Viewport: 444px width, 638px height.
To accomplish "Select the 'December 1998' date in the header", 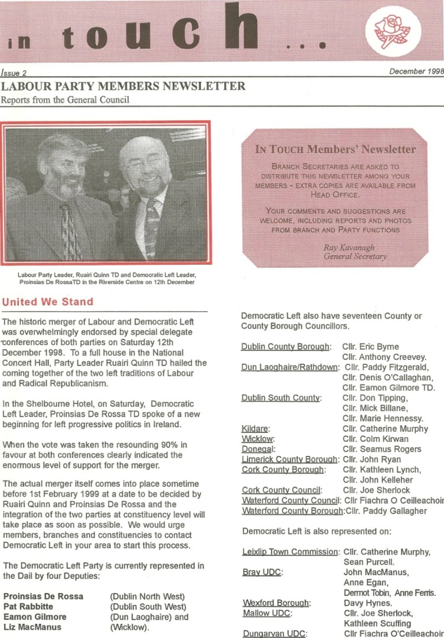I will (416, 72).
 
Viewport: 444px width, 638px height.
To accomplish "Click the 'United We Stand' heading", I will (48, 302).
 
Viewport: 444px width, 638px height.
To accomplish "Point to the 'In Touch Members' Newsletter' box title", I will (336, 149).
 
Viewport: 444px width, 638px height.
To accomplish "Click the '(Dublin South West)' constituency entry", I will (148, 607).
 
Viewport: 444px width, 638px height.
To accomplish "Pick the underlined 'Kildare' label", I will (256, 428).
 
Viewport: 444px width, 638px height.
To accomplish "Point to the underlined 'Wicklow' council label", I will (257, 439).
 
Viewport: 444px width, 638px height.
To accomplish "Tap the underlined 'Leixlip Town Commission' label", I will (290, 552).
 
